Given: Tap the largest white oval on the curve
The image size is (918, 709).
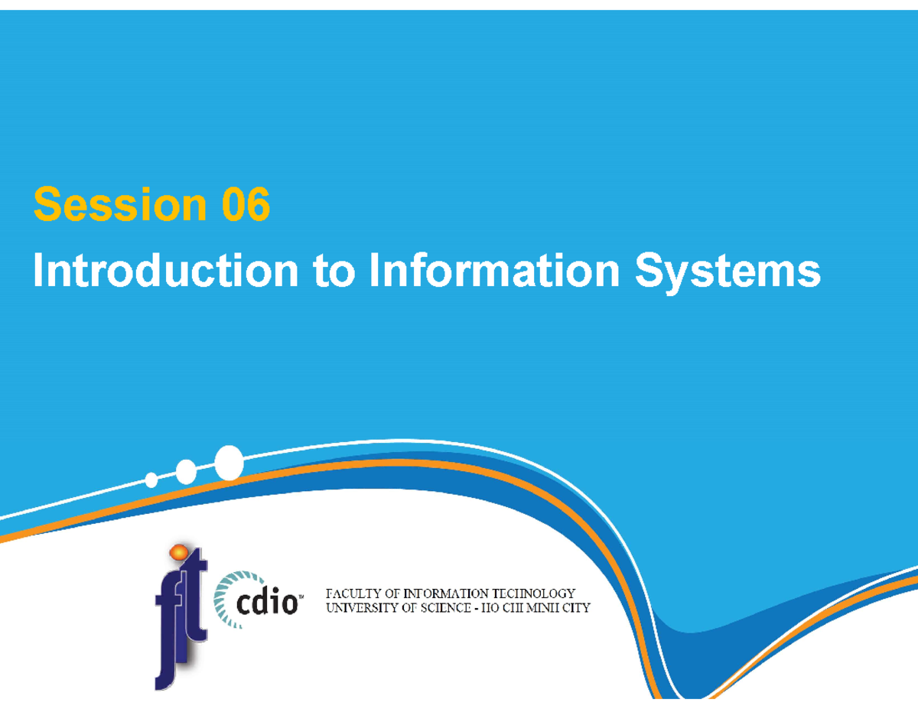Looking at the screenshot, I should [229, 463].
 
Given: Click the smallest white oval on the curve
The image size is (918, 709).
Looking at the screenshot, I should [151, 480].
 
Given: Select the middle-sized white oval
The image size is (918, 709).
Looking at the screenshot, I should [186, 472].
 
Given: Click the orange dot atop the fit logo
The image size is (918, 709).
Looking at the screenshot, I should [177, 551].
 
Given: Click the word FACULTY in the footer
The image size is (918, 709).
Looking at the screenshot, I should [356, 594].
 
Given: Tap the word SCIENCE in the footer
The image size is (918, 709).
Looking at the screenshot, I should [445, 609].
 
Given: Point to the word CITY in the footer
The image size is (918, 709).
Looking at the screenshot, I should [574, 609].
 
